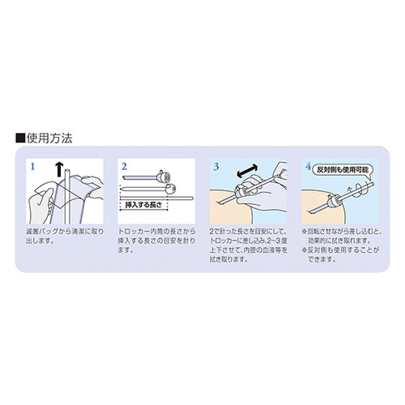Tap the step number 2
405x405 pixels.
coord(125,166)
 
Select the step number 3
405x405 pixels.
coord(215,166)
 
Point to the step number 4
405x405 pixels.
coord(308,166)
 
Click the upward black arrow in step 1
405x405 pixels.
coord(58,168)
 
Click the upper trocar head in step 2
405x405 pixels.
coord(167,175)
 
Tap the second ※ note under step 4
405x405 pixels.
coord(342,256)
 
